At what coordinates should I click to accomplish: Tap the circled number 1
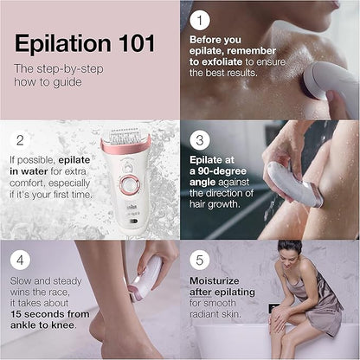pyautogui.click(x=201, y=18)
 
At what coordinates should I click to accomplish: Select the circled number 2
pyautogui.click(x=22, y=139)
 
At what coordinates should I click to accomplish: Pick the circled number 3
pyautogui.click(x=201, y=138)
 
